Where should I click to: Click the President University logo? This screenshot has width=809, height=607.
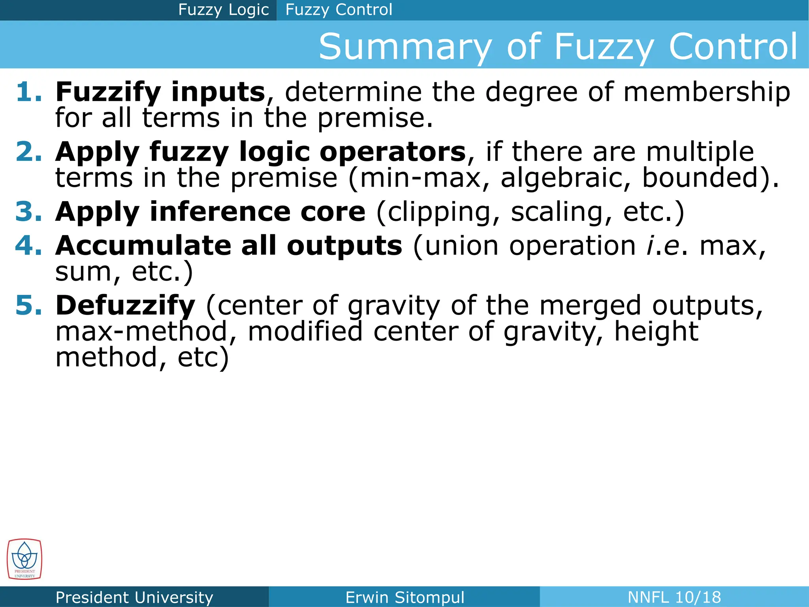tap(24, 559)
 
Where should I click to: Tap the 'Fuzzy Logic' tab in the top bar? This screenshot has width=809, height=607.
tap(223, 10)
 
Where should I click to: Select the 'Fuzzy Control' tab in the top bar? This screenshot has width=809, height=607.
tap(339, 10)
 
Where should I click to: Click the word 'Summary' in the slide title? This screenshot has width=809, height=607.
tap(405, 47)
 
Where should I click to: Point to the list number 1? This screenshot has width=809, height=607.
tap(28, 92)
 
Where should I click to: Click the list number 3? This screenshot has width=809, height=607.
tap(28, 212)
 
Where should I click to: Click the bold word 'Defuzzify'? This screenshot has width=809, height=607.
tap(125, 306)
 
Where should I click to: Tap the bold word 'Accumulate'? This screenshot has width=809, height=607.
tap(143, 246)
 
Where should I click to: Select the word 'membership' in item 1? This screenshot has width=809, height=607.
tap(707, 92)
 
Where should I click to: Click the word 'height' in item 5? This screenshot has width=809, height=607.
tap(656, 332)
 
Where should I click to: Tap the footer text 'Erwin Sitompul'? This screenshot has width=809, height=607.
tap(404, 597)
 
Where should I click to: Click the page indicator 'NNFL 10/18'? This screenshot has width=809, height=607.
tap(674, 597)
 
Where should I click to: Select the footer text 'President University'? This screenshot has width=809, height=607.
tap(134, 597)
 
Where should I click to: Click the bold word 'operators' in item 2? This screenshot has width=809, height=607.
tap(393, 152)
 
